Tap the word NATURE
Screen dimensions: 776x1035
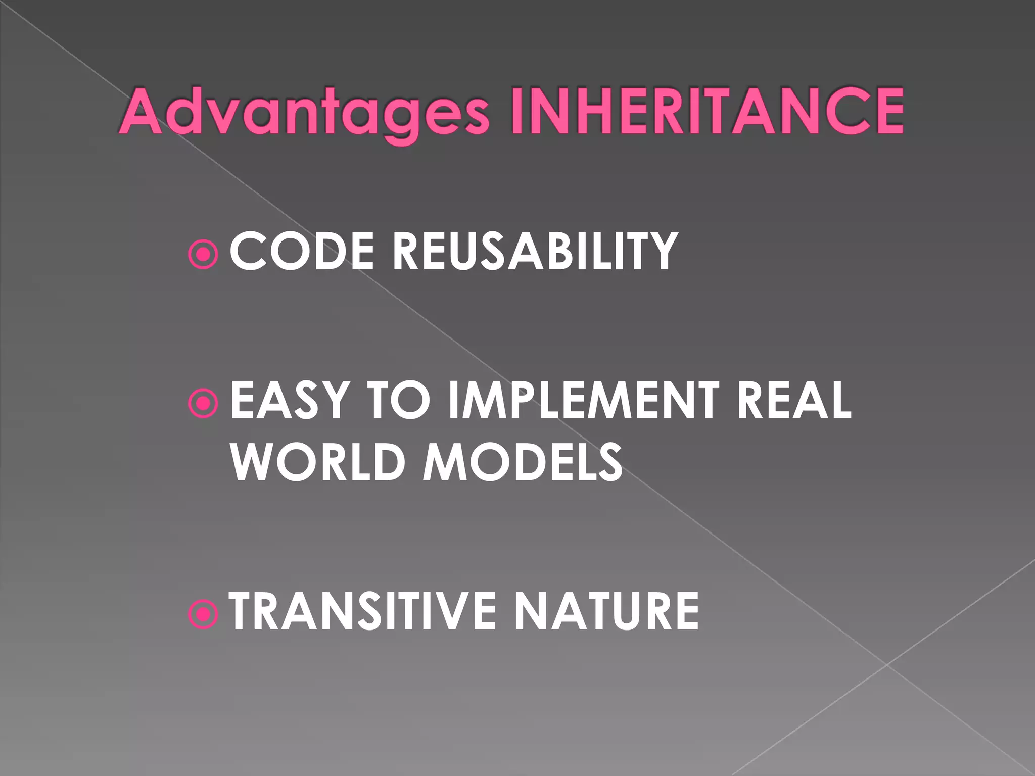coord(606,611)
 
